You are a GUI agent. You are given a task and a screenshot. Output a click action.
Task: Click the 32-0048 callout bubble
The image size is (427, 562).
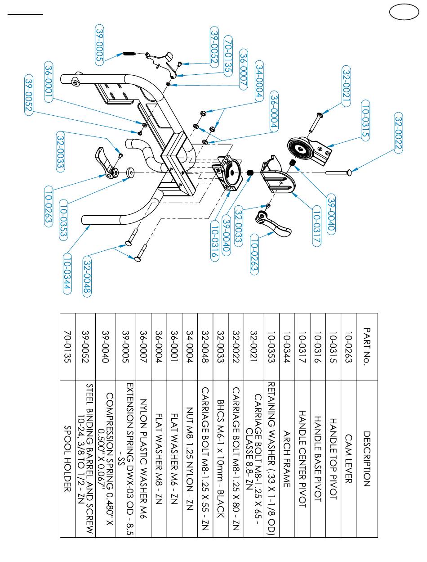point(87,277)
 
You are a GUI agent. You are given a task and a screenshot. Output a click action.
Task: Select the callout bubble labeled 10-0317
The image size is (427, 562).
point(316,227)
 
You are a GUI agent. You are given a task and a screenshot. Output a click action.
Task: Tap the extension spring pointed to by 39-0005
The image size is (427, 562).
point(129,54)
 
